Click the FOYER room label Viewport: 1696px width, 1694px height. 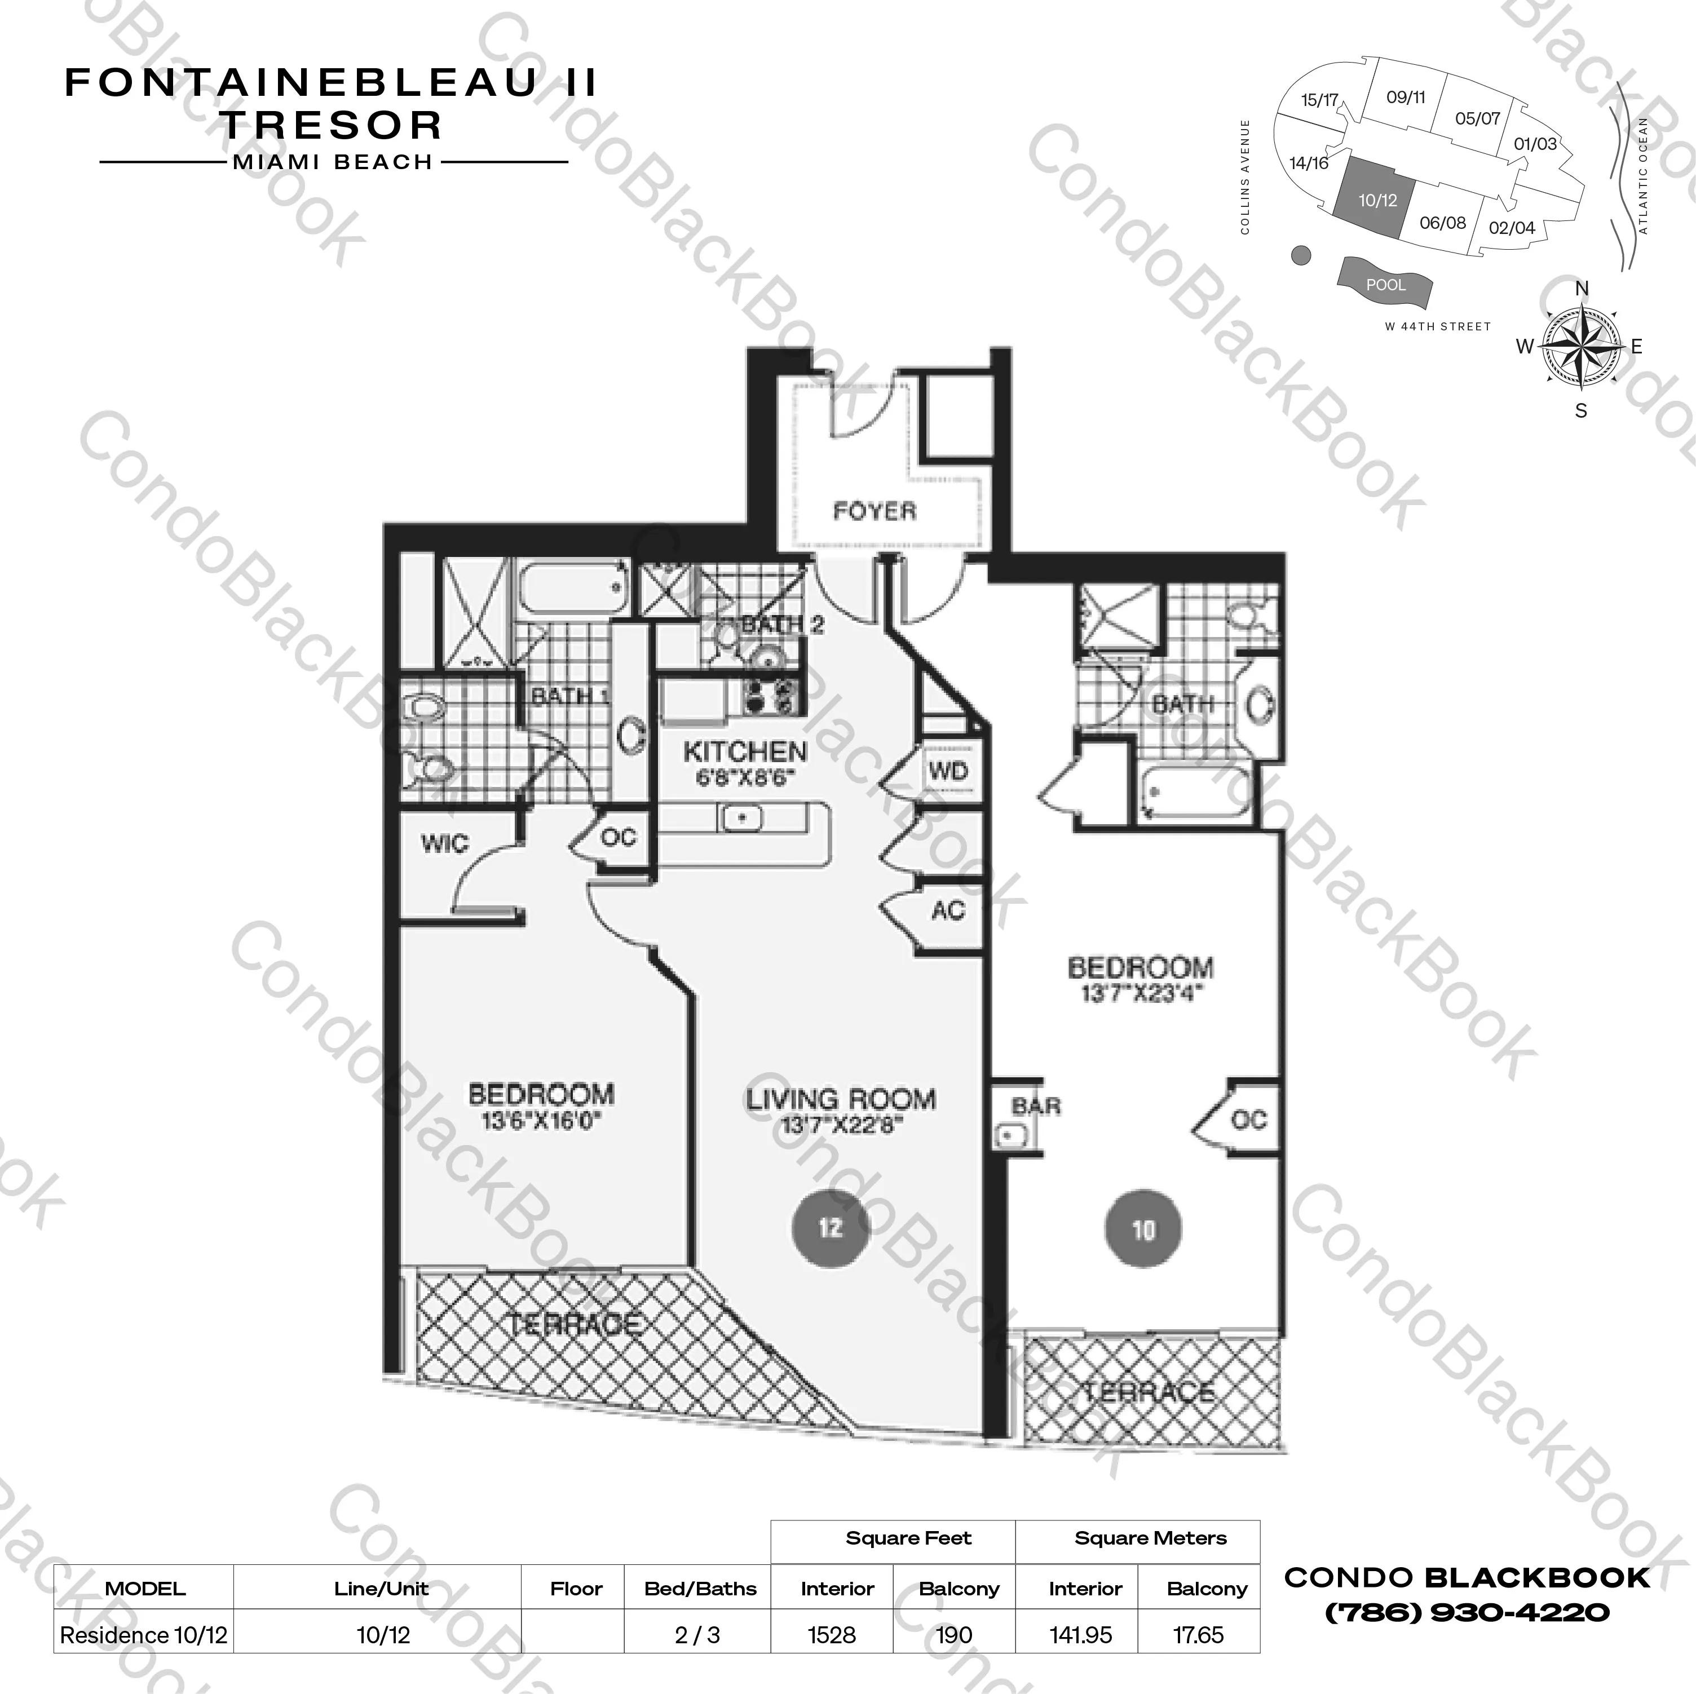874,511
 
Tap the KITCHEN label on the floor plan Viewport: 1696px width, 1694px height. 744,751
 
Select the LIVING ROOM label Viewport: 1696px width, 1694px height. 841,1099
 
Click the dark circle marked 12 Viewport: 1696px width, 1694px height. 831,1227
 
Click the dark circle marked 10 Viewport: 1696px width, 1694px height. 1143,1229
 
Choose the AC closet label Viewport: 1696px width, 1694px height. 948,910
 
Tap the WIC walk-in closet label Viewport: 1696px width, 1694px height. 445,843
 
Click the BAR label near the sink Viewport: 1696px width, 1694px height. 1036,1106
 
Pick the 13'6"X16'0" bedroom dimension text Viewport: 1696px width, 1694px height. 541,1121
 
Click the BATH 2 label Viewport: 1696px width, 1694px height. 782,625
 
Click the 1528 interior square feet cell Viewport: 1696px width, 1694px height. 831,1635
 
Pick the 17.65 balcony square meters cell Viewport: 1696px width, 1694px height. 1198,1635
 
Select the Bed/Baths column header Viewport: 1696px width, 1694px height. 700,1589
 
